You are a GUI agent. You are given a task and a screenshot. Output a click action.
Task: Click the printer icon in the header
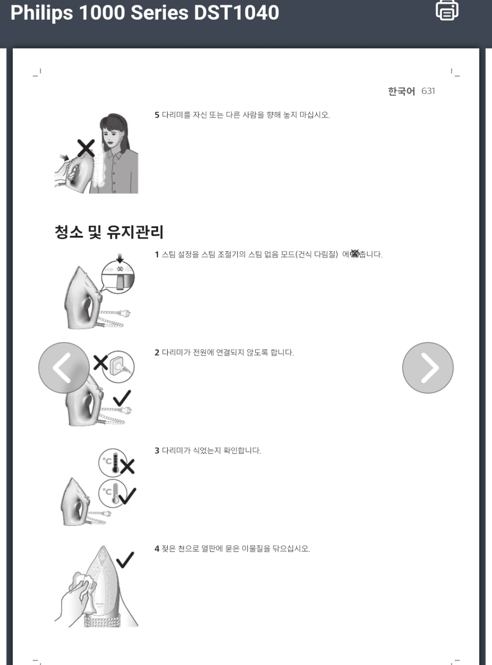pos(447,10)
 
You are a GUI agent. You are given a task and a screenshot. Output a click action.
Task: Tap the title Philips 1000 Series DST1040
pos(145,13)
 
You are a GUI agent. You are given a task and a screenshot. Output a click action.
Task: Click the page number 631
pos(428,91)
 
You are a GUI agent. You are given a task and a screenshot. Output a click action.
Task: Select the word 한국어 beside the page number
pos(401,91)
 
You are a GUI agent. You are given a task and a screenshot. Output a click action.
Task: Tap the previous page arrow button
pos(63,368)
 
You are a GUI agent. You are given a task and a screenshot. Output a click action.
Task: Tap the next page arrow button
pos(428,368)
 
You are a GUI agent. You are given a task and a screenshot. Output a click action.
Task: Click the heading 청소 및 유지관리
pos(109,232)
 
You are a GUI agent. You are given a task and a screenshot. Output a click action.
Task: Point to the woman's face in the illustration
pos(111,135)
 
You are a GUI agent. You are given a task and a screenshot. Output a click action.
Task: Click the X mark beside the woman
pos(86,148)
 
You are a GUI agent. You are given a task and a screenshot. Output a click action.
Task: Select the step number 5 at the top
pos(157,115)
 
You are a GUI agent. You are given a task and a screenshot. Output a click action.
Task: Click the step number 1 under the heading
pos(157,255)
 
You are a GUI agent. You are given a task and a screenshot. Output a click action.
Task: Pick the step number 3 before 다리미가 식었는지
pos(157,451)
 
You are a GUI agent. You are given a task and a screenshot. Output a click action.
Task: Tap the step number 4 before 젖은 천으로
pos(157,549)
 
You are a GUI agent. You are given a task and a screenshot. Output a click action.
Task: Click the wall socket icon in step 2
pos(118,367)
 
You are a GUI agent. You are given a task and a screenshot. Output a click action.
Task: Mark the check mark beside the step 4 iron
pos(125,559)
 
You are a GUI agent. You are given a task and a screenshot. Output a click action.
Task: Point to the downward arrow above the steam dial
pos(120,259)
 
